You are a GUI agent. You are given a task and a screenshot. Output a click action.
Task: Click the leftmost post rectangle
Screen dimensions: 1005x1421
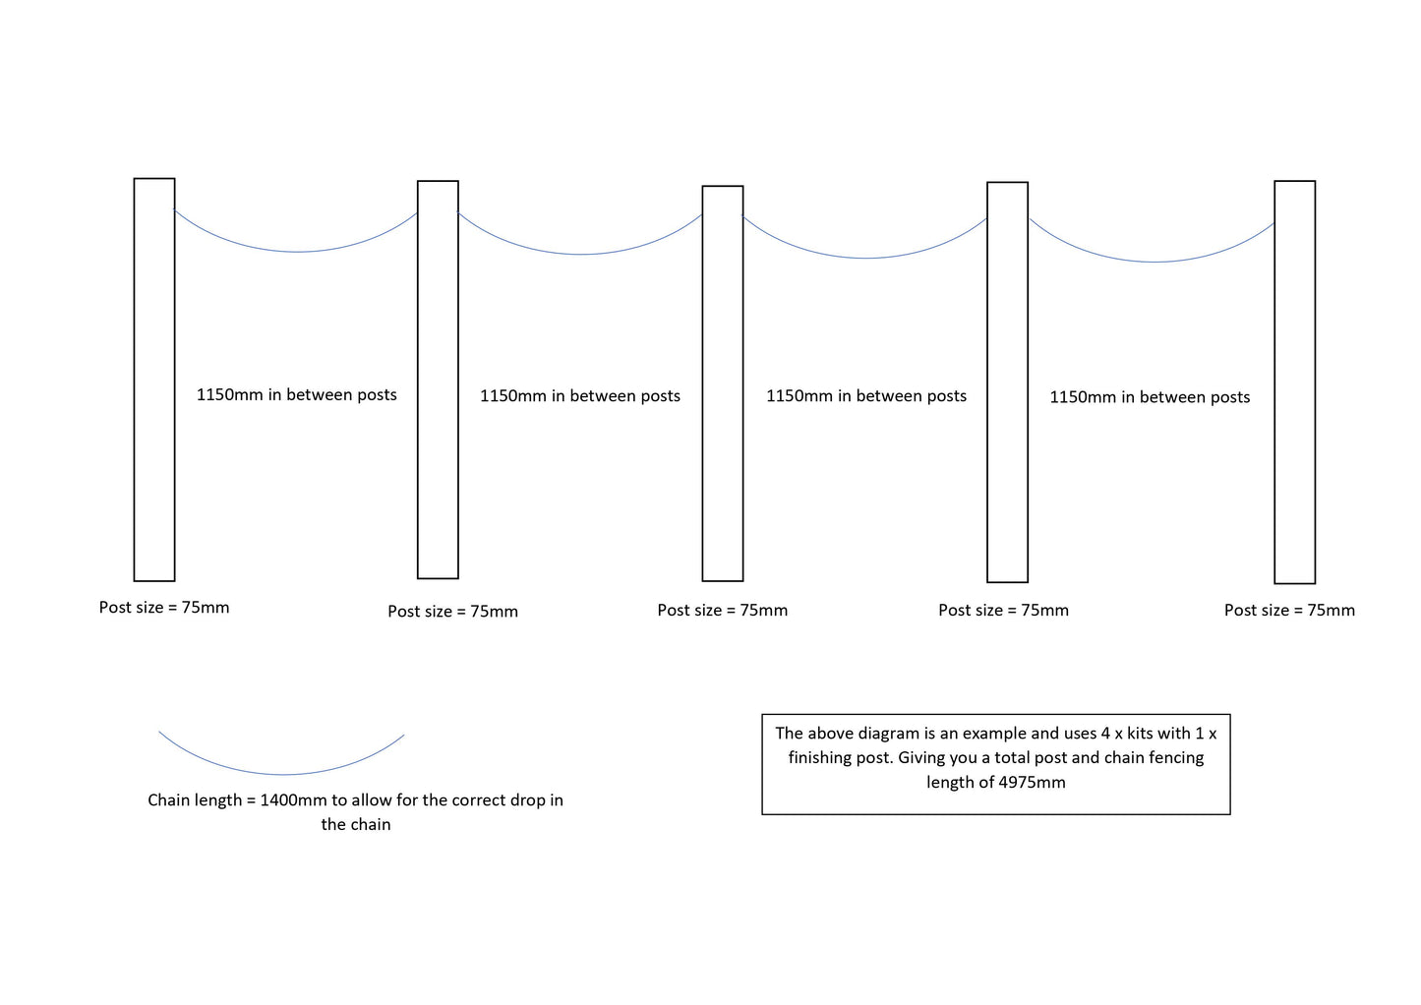pos(154,380)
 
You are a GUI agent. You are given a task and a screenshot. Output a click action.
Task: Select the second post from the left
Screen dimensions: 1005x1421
pos(438,380)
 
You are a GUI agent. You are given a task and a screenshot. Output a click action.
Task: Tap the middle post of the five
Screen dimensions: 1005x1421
pos(723,384)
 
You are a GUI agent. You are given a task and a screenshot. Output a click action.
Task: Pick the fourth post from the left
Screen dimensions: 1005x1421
pos(1007,382)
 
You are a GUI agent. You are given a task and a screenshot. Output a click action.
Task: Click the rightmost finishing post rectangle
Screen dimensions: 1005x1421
pos(1294,382)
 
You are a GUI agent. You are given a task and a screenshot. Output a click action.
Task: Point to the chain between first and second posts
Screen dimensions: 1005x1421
pos(297,252)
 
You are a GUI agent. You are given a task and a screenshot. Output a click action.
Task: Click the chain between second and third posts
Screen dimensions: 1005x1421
pos(581,254)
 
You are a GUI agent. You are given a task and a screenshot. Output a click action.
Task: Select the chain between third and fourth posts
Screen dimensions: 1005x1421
pos(865,258)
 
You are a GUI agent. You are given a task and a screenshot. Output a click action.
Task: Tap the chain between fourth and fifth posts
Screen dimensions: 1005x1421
pos(1153,262)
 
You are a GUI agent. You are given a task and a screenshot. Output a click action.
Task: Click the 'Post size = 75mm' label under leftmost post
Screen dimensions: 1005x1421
pos(164,608)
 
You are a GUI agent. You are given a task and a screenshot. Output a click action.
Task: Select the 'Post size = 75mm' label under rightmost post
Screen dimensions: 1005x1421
pos(1289,611)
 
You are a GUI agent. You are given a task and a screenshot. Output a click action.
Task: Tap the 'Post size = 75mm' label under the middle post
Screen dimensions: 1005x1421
pos(723,611)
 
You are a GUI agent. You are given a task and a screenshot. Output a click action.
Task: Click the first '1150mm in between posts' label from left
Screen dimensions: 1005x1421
pos(297,395)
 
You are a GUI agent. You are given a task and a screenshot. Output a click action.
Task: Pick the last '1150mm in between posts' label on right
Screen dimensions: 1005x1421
pos(1150,397)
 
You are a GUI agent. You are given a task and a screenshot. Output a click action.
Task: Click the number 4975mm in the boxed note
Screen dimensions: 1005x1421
pos(1032,783)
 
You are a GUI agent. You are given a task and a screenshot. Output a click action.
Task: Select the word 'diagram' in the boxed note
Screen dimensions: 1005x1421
pos(888,734)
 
